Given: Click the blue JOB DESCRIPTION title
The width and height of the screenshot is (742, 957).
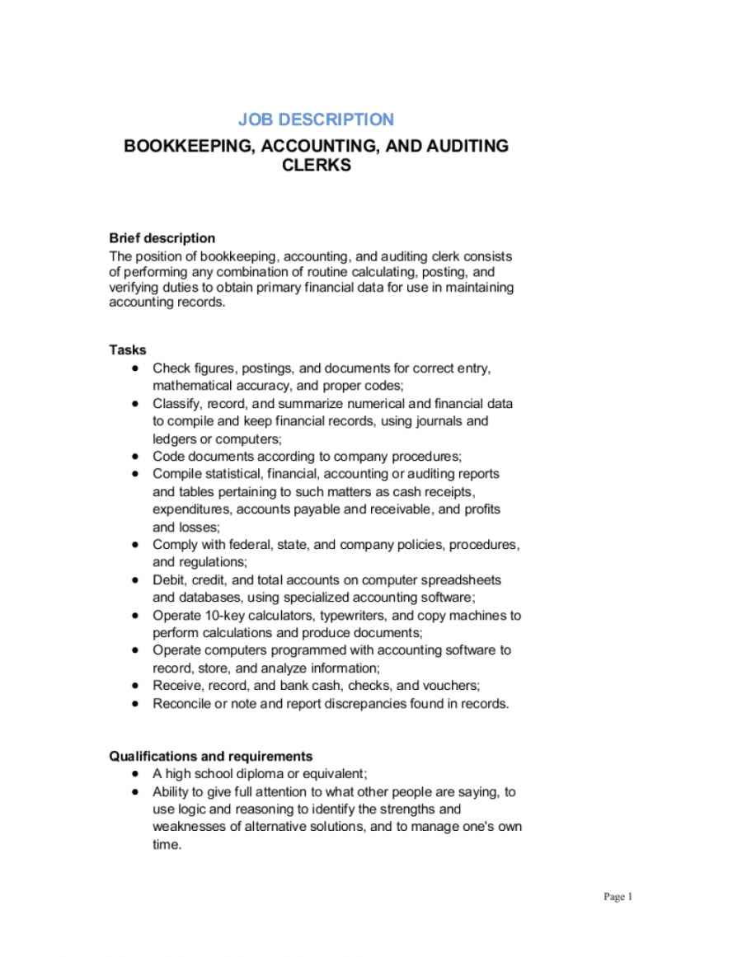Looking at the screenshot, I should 316,120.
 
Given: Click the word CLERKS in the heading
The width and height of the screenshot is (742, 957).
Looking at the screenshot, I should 316,165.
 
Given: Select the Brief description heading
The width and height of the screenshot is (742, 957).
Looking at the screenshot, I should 162,238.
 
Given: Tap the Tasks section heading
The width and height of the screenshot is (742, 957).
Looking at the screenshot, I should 127,350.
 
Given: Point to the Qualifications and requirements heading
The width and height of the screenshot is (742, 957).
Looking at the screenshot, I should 210,756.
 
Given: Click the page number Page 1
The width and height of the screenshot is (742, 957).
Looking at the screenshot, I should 618,897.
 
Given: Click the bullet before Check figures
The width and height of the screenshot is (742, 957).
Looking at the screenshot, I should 135,368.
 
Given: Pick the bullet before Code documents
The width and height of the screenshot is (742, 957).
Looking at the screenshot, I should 135,456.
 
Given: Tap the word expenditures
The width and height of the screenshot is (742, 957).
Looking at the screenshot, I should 192,509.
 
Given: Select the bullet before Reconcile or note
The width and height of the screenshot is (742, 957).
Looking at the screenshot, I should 135,704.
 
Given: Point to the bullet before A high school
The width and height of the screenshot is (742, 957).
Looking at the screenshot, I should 135,774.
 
